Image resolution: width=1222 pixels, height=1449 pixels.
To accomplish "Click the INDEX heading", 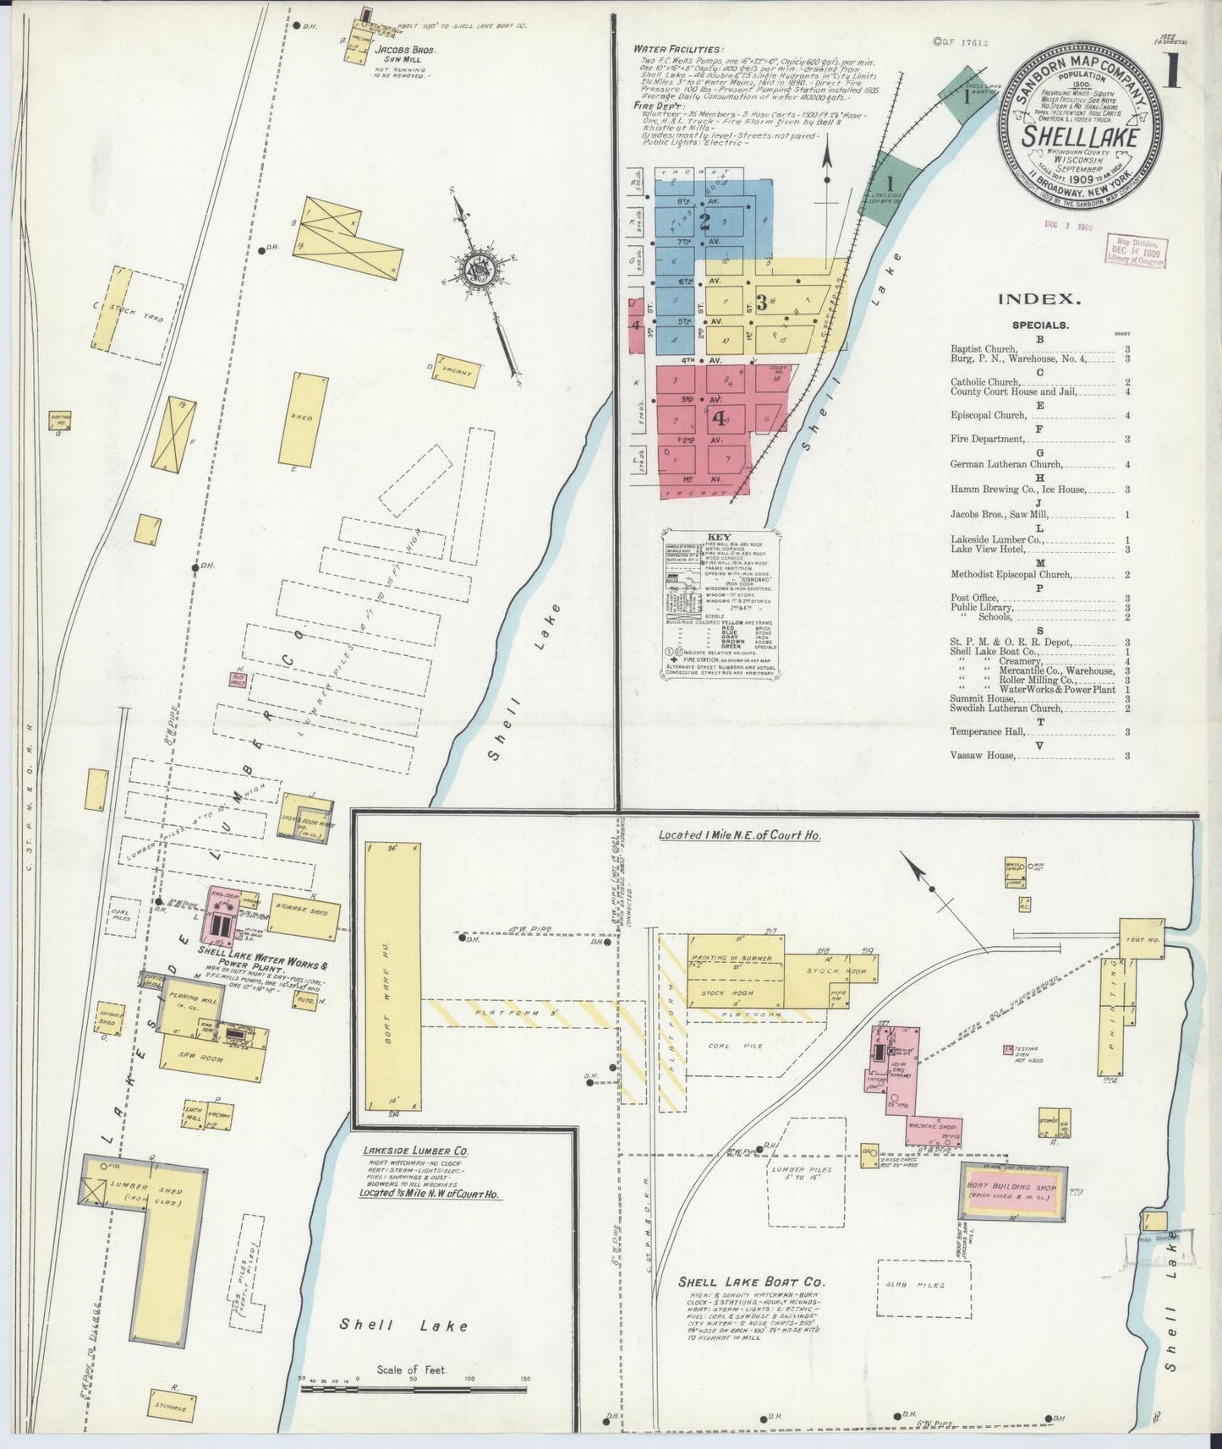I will tap(1039, 298).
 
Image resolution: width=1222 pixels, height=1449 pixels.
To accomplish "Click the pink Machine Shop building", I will tap(926, 1127).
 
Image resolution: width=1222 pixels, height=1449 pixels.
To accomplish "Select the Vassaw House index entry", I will tap(982, 755).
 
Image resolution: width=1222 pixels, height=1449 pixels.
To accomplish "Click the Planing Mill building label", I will tap(197, 1001).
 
